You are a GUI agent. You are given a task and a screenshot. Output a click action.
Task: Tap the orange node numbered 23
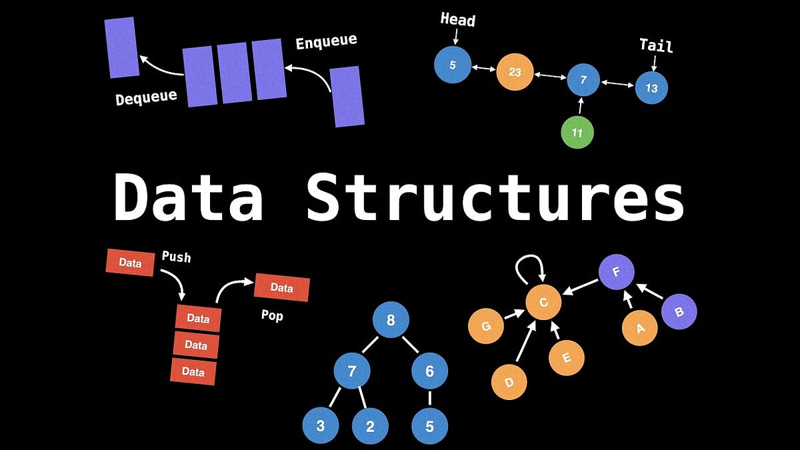(x=515, y=71)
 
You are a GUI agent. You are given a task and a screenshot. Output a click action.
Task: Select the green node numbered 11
(x=577, y=133)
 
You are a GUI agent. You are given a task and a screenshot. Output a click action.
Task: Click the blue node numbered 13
(x=651, y=88)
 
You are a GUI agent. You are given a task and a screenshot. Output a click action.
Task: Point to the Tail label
(x=656, y=45)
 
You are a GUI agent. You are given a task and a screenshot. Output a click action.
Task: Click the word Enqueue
(x=326, y=42)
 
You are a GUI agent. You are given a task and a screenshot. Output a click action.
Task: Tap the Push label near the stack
(x=176, y=256)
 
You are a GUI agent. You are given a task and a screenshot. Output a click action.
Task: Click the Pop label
(x=272, y=315)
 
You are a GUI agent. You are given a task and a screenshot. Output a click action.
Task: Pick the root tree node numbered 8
(x=391, y=320)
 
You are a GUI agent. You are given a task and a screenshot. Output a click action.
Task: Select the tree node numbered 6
(x=429, y=371)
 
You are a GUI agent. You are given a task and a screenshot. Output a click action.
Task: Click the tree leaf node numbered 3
(x=321, y=426)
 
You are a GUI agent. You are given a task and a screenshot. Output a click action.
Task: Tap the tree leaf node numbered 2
(x=371, y=426)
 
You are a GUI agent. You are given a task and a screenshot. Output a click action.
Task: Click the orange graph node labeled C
(x=543, y=303)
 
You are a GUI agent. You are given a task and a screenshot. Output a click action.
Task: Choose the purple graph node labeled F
(x=615, y=272)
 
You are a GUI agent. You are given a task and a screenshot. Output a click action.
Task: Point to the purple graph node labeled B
(x=679, y=311)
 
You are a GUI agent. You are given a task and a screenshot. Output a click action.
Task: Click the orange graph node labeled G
(x=486, y=327)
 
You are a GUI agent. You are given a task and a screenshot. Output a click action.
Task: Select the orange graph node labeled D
(x=509, y=382)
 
